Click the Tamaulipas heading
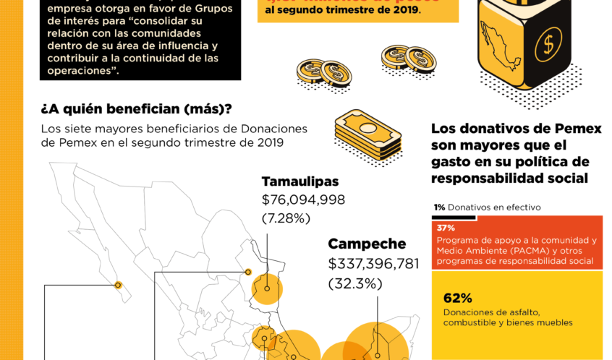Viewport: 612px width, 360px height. [x=299, y=181]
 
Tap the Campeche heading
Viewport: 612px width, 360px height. [x=367, y=244]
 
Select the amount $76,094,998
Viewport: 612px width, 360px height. [x=303, y=200]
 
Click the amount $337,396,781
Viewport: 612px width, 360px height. [x=373, y=264]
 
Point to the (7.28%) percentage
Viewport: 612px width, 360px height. [x=286, y=218]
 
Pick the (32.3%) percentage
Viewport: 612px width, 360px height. [x=355, y=283]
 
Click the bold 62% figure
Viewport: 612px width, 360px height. [x=457, y=298]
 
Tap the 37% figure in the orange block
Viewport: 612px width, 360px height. [x=445, y=228]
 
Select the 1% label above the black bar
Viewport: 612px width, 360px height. [x=439, y=207]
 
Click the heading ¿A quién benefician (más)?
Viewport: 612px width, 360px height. [x=137, y=109]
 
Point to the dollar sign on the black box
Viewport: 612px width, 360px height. [x=548, y=45]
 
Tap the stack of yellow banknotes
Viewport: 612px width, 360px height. [x=367, y=134]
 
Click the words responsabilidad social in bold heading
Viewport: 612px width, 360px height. [x=509, y=179]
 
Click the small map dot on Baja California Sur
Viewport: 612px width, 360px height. [x=118, y=285]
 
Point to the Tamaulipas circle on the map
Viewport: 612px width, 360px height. [x=267, y=289]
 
